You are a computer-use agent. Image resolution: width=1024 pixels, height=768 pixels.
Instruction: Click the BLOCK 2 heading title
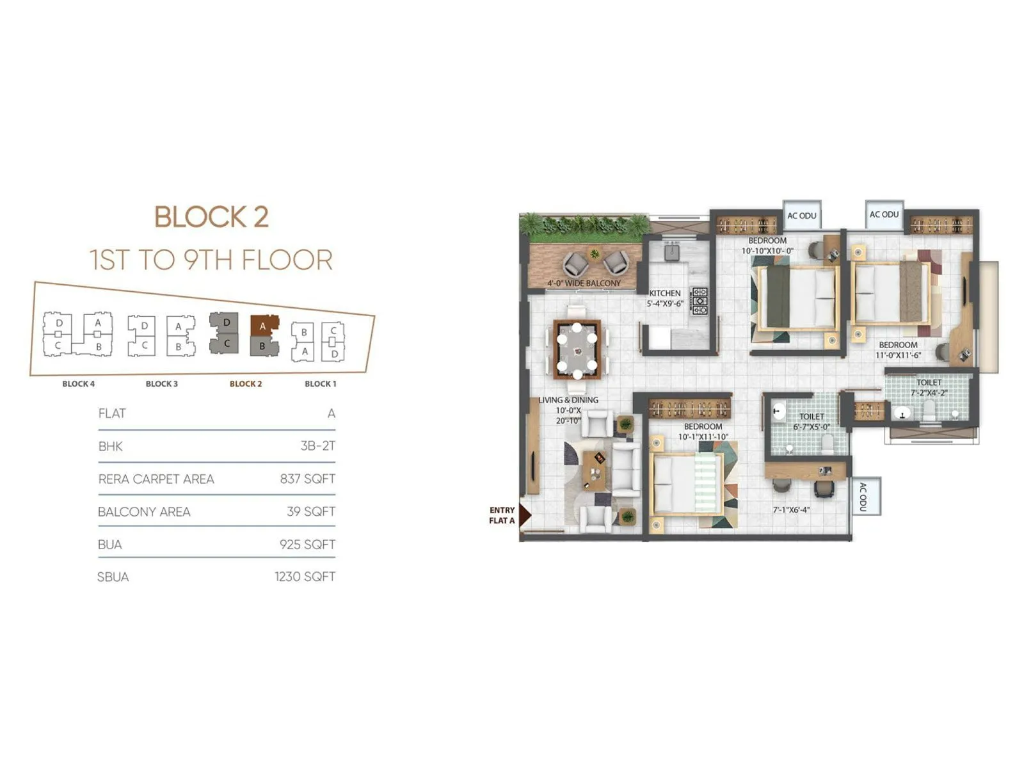211,217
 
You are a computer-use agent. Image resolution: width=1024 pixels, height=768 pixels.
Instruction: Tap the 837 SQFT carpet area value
307,479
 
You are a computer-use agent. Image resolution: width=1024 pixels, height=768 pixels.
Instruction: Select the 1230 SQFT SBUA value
305,577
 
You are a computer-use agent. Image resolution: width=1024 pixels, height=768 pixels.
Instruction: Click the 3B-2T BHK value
317,446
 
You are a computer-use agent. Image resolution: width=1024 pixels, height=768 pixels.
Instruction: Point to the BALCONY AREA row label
144,511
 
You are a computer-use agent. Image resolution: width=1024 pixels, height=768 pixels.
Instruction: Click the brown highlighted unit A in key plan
263,326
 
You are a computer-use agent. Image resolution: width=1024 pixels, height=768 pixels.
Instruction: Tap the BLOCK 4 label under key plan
78,384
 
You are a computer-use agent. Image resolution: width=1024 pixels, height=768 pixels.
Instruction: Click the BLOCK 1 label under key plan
320,384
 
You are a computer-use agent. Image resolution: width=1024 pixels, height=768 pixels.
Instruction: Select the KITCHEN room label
665,293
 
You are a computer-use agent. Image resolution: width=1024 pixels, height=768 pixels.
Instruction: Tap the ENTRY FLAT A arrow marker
524,515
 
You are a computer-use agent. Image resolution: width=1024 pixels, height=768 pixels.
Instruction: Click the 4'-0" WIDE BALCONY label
584,283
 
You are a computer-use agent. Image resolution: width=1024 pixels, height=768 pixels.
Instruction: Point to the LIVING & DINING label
568,400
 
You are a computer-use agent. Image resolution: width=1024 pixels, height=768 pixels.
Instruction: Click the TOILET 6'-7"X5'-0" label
812,422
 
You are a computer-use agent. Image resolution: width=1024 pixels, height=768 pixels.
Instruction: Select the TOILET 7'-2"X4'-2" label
929,387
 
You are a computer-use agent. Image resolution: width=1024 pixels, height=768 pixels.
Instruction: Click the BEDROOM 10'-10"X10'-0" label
767,246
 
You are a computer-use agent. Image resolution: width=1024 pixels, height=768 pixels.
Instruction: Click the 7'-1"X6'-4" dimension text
791,510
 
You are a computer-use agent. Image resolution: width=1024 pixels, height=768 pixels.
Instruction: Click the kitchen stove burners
700,301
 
